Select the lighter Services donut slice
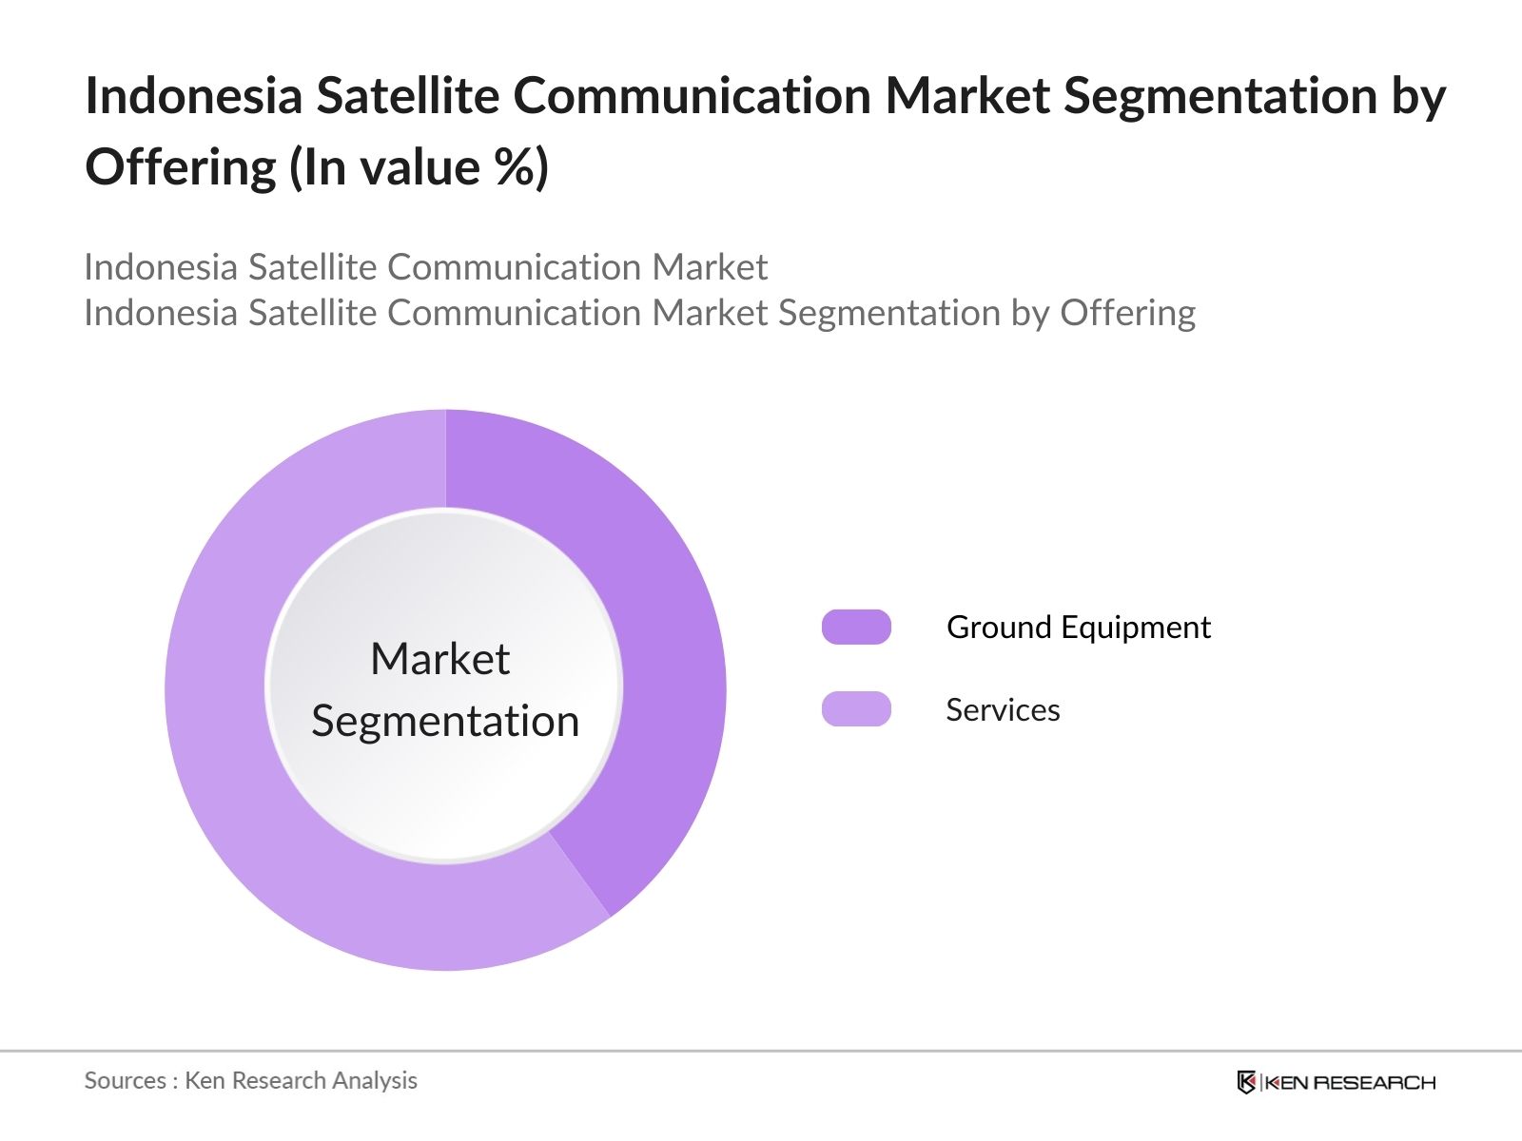tap(247, 761)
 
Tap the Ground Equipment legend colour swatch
tap(856, 628)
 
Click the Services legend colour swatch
tap(856, 709)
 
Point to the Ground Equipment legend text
tap(1078, 628)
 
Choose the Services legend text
tap(1003, 710)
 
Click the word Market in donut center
tap(439, 659)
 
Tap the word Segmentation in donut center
tap(445, 721)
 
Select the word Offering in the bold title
tap(181, 168)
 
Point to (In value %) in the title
tap(419, 168)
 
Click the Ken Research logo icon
tap(1246, 1082)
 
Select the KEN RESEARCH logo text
tap(1351, 1082)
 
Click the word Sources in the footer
tap(125, 1081)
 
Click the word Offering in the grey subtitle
tap(1127, 313)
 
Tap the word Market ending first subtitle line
tap(710, 267)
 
